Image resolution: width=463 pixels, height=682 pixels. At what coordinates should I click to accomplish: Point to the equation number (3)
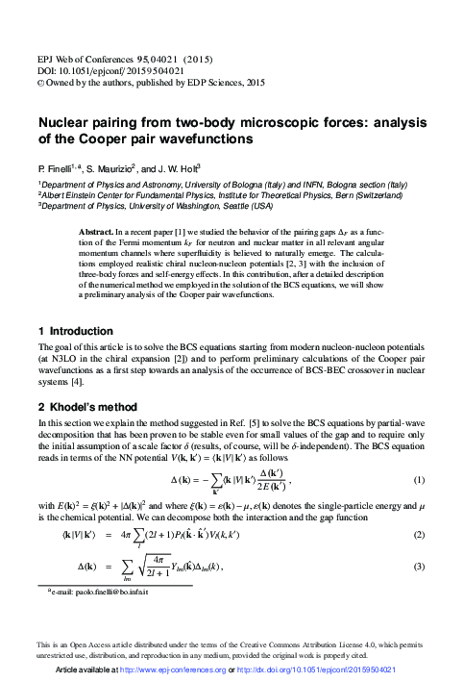419,568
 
